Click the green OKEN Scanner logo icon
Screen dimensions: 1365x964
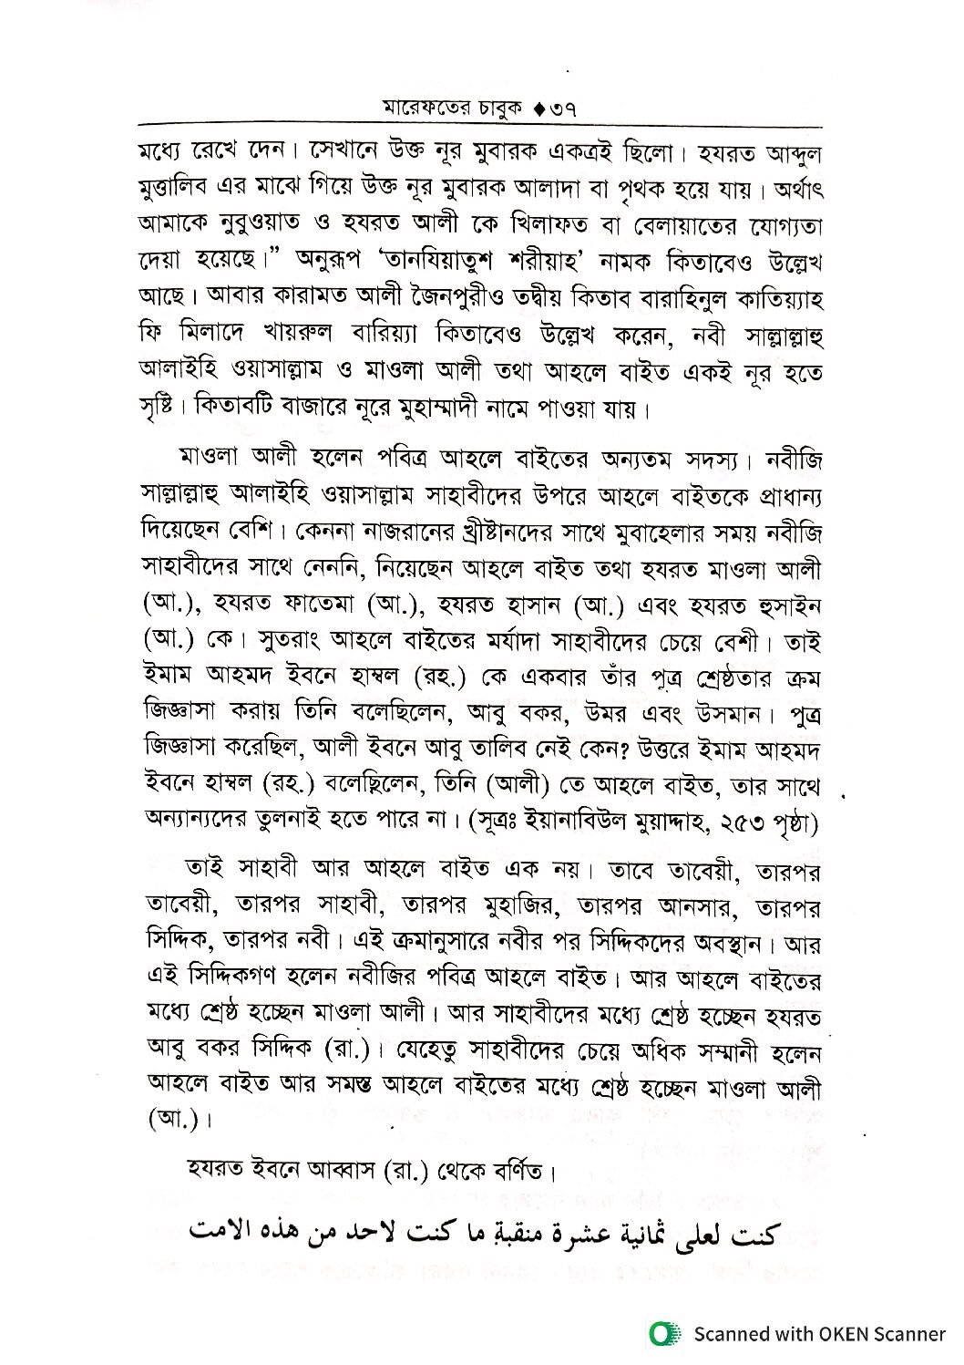(x=666, y=1333)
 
